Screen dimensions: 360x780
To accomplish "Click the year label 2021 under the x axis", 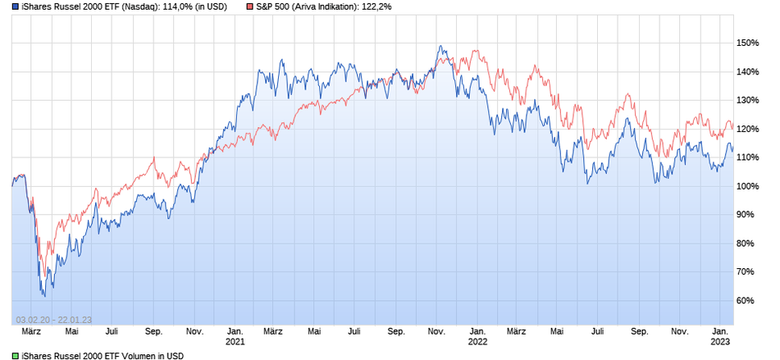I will click(x=235, y=342).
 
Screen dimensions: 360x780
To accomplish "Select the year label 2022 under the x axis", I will click(x=477, y=342).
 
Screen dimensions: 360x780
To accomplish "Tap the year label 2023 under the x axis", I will click(x=720, y=342).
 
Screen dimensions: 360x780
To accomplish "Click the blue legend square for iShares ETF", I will click(x=5, y=7).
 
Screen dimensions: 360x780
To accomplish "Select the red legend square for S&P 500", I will click(x=249, y=7).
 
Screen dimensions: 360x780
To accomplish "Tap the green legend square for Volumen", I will click(x=5, y=356).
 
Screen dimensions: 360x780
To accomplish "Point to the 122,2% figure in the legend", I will click(x=375, y=7).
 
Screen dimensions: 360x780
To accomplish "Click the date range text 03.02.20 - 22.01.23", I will click(x=53, y=320).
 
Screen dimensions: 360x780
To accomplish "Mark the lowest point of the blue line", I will click(x=43, y=295).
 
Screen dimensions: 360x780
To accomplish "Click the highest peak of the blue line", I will click(x=440, y=46).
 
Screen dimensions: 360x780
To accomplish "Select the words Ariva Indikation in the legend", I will click(x=325, y=7).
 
